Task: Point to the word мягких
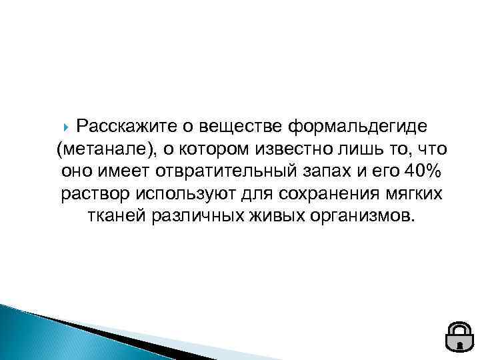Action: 416,194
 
